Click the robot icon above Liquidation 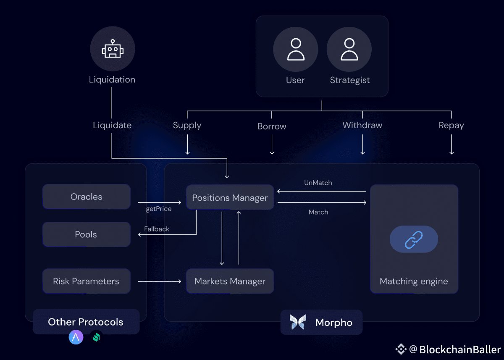112,49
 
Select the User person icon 295,49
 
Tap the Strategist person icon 349,49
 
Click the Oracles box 86,197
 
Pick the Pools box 86,234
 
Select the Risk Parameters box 86,281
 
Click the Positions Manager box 230,198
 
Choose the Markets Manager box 230,281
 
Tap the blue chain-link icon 414,239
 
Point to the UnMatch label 318,183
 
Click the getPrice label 159,209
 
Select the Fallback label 157,229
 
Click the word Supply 187,125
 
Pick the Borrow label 272,126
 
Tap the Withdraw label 362,125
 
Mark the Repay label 451,125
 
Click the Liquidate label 112,125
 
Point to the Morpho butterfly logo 298,322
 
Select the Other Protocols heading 86,322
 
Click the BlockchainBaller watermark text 460,349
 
